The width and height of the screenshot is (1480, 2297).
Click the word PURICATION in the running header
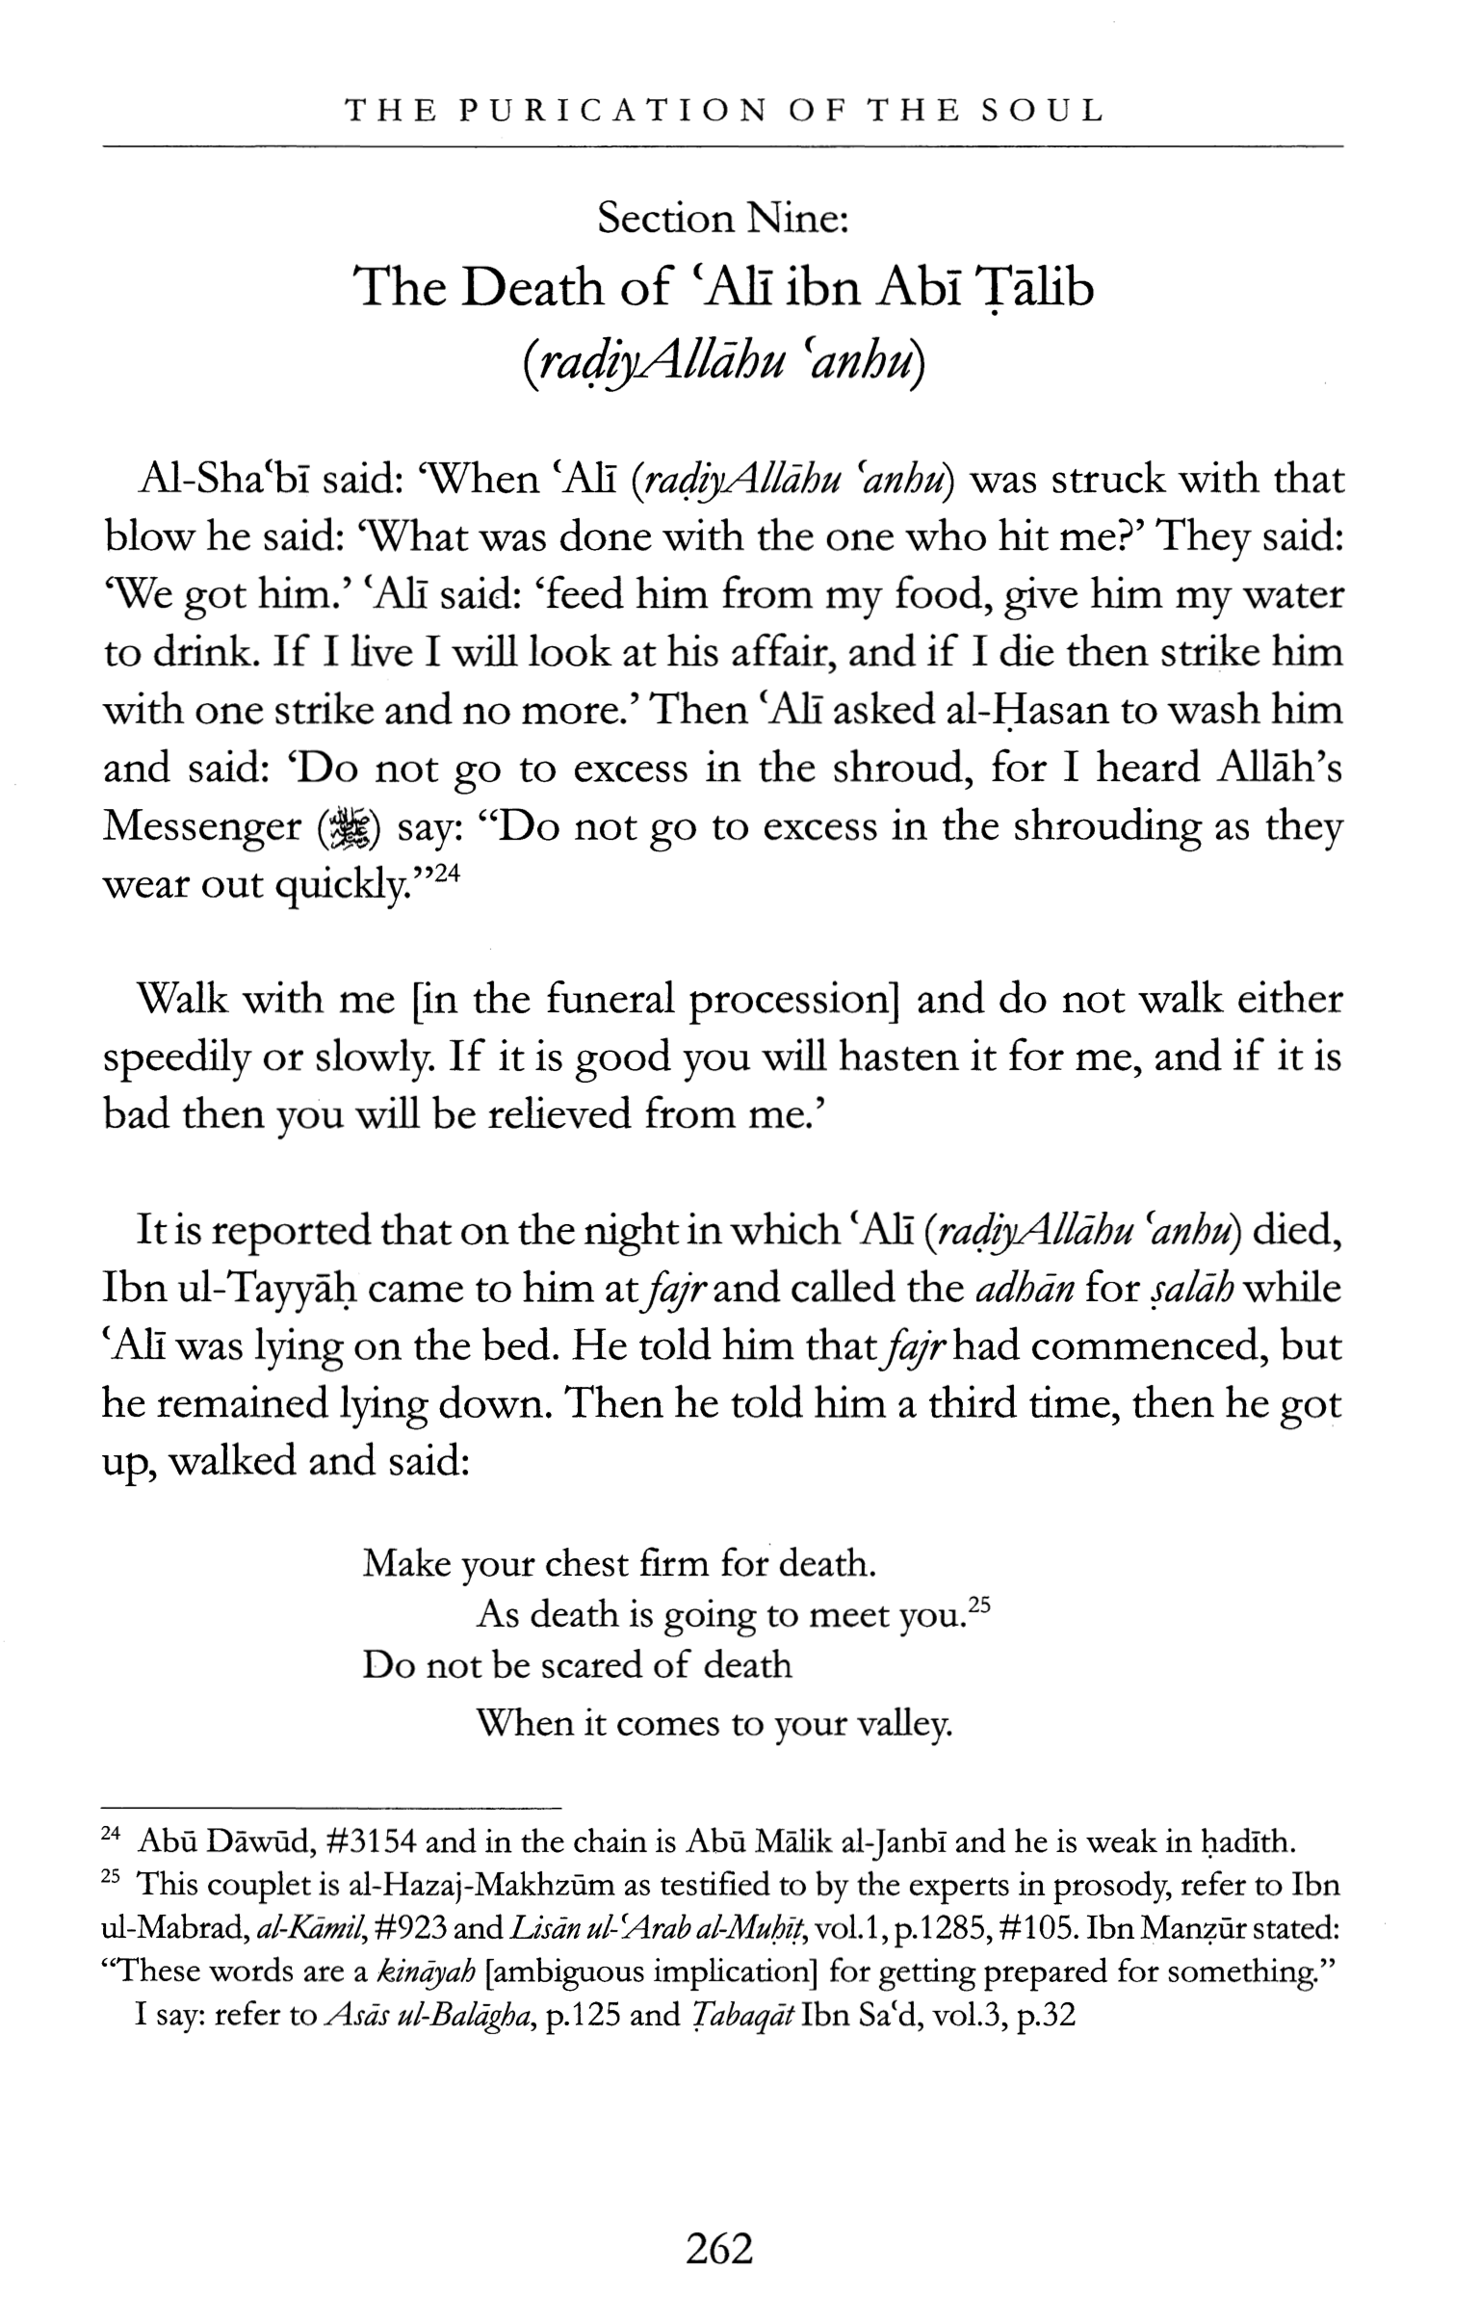(x=612, y=111)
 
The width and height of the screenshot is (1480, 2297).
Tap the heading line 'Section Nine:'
(x=722, y=219)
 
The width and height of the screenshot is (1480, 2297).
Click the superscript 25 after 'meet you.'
(x=979, y=1605)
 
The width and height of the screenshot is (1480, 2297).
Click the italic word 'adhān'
(x=1024, y=1289)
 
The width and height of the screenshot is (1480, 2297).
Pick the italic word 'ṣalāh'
(x=1191, y=1289)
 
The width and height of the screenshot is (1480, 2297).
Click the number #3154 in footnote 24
(x=371, y=1841)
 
